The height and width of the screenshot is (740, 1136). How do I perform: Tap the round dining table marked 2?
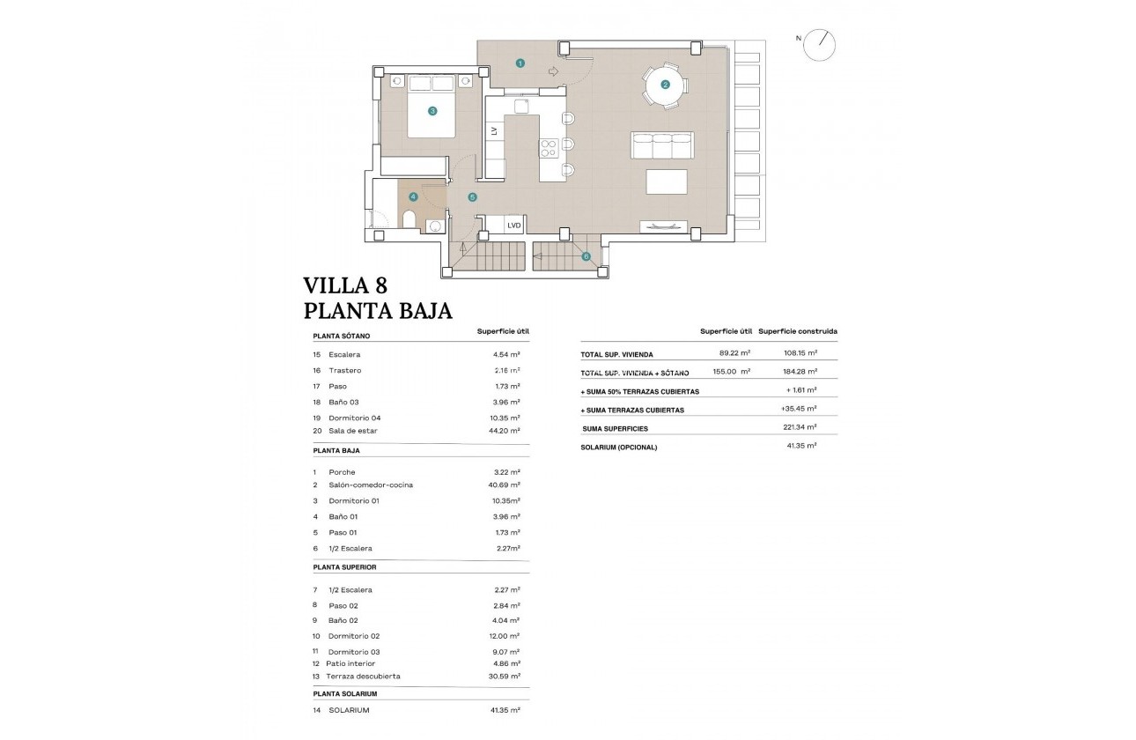coord(665,85)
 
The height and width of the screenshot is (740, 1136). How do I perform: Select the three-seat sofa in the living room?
coord(662,144)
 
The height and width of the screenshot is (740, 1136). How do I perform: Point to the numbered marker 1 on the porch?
coord(520,63)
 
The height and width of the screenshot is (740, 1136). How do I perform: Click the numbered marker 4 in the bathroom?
coord(412,197)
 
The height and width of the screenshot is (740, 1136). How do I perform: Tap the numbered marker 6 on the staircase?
coord(586,257)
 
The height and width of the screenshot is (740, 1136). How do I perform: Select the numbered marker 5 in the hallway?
coord(472,197)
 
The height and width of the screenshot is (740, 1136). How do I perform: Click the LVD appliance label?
coord(514,226)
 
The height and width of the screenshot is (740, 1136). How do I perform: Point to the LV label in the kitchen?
coord(494,131)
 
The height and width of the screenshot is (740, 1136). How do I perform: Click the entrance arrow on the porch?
coord(553,72)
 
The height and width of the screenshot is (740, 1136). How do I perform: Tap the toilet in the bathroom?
coord(409,219)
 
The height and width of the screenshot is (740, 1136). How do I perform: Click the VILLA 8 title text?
coord(345,285)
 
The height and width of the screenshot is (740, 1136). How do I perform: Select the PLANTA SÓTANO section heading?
coord(342,336)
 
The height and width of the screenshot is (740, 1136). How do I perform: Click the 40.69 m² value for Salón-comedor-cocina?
coord(506,485)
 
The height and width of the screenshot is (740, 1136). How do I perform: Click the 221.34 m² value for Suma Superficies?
coord(800,427)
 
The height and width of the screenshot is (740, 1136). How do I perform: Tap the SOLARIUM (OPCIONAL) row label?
coord(618,448)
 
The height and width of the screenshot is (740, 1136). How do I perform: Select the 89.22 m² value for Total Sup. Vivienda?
coord(733,354)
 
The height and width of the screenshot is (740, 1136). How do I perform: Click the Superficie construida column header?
coord(797,332)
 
